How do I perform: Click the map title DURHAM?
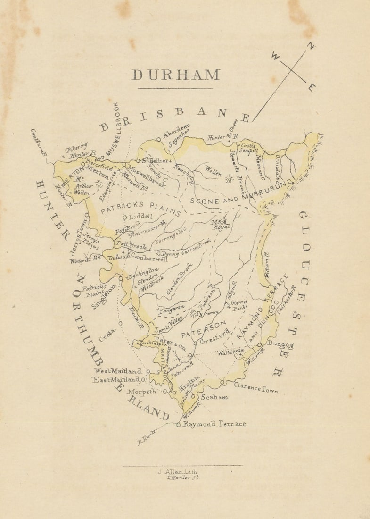(x=175, y=75)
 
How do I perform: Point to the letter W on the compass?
(x=276, y=56)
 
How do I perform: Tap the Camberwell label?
(x=149, y=259)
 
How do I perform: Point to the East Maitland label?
(x=115, y=379)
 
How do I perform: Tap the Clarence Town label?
(x=256, y=388)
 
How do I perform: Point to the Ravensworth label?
(x=149, y=227)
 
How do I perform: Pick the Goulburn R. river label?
(x=39, y=142)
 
